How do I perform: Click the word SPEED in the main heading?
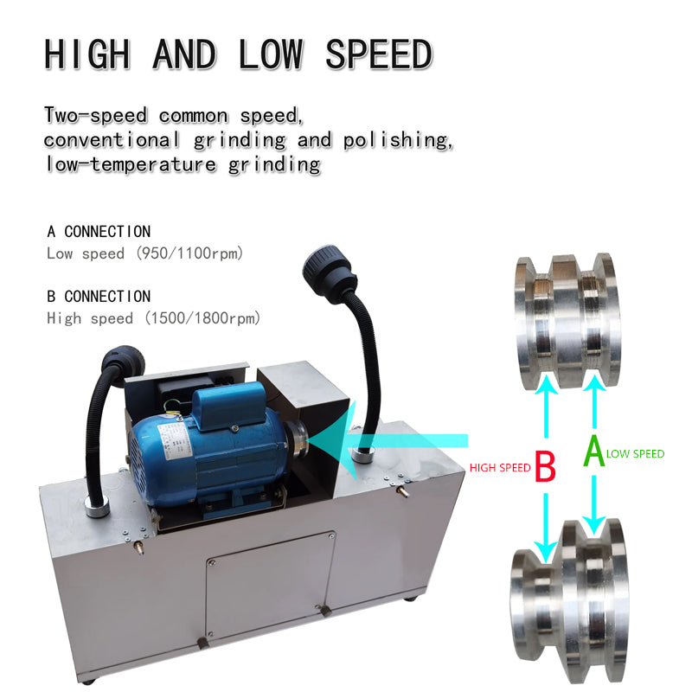coord(379,54)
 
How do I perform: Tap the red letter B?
coord(545,466)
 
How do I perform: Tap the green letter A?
coord(593,452)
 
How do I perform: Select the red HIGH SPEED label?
coord(500,467)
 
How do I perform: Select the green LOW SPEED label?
coord(636,453)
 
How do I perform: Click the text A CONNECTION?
coord(99,232)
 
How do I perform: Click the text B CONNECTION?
coord(99,297)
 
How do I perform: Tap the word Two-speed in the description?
coord(96,115)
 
